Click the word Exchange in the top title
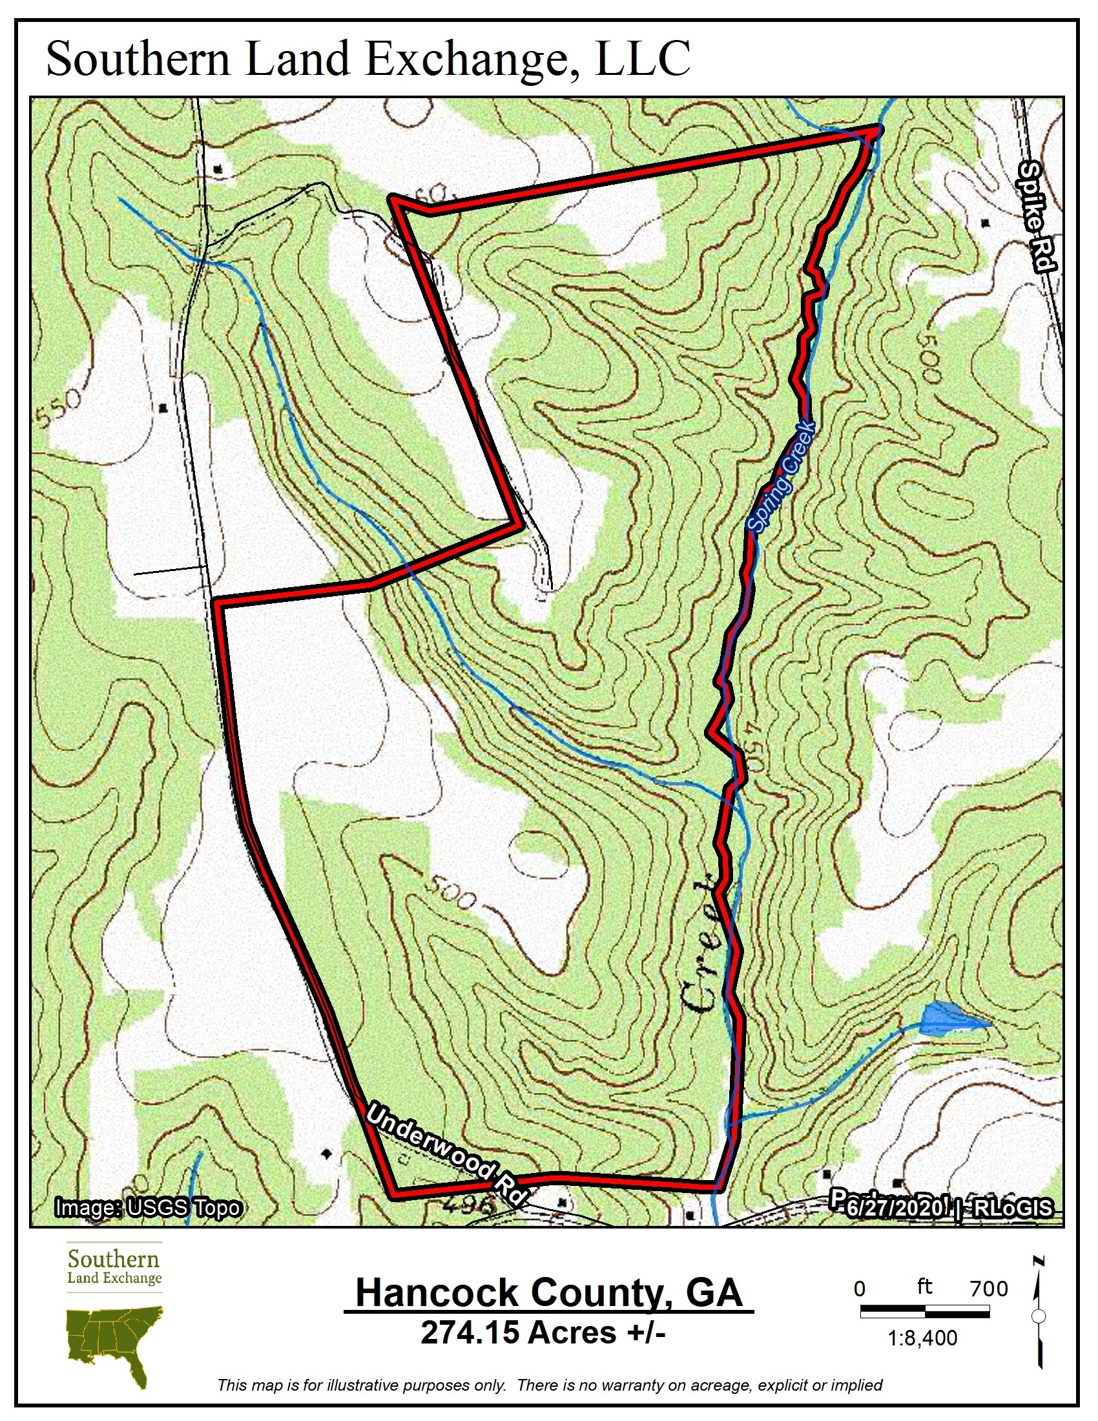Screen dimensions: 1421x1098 tap(471, 59)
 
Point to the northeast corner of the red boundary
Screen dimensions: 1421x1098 tap(875, 130)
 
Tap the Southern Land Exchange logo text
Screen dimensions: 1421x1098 tap(114, 1267)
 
